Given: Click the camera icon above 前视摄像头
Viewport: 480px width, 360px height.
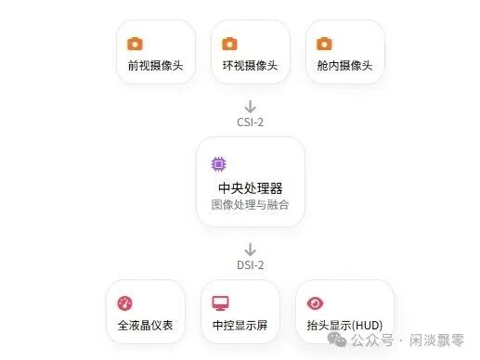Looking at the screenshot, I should coord(136,44).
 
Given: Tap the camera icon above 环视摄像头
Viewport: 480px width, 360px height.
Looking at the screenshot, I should coord(230,44).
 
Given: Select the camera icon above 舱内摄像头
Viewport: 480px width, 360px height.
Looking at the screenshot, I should coord(324,44).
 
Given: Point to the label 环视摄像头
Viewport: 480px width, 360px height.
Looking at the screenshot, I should coord(249,66).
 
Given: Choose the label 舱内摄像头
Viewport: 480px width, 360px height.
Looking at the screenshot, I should coord(343,66).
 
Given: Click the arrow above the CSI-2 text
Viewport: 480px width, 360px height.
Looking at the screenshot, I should coord(250,107).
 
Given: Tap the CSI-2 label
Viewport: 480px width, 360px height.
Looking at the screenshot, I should coord(250,122).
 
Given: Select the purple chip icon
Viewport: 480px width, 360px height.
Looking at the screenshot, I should coord(218,164).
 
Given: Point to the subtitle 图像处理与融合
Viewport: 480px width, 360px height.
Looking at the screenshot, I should coord(250,204).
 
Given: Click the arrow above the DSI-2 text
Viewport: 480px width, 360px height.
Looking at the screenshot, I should coord(250,250).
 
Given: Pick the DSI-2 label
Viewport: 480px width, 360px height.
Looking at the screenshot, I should coord(250,265).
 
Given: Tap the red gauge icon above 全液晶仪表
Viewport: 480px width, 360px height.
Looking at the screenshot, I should coord(125,303).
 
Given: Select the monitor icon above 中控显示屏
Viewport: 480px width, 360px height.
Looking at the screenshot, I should coord(220,303).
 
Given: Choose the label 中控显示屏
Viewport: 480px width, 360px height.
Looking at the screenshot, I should coord(240,327).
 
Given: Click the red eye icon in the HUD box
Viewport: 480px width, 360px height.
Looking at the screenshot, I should coord(315,303).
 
